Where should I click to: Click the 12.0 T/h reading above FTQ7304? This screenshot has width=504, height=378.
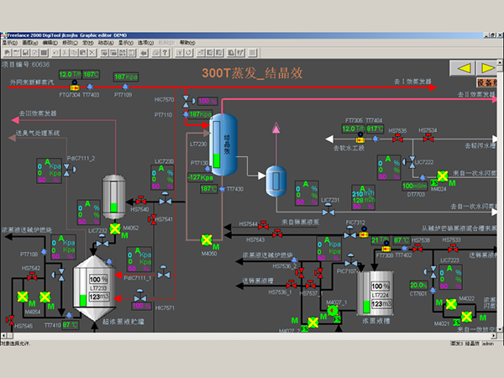point(68,75)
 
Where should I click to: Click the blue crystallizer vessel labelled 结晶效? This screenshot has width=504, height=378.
point(224,139)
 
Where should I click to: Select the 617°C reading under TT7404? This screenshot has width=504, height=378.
point(375,129)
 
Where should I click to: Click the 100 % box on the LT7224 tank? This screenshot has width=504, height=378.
point(377,278)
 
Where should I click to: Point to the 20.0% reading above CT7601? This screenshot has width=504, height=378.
point(417,286)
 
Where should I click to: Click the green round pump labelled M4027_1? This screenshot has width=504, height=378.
point(333,311)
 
